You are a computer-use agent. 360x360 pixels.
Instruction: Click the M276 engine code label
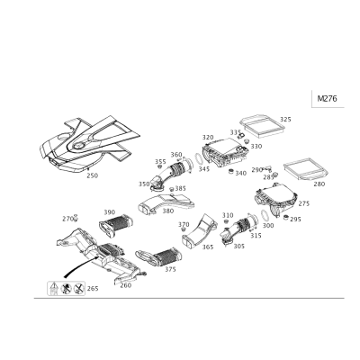point(327,98)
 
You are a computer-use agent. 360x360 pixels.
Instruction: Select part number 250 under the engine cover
point(92,175)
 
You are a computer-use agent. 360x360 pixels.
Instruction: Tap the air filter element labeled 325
point(262,125)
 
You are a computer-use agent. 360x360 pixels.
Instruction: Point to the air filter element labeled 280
point(306,170)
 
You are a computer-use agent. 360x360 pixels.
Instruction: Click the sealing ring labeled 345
point(199,159)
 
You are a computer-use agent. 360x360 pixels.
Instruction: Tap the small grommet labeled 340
point(231,172)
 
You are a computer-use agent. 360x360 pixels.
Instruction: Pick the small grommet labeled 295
point(286,217)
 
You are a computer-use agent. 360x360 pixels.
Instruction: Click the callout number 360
point(176,155)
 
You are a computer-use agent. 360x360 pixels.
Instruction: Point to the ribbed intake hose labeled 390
point(116,226)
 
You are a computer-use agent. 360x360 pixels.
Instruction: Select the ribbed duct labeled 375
point(159,256)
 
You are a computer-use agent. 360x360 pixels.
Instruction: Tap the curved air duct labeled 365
point(200,231)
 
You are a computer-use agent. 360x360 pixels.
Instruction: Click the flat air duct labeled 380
point(166,204)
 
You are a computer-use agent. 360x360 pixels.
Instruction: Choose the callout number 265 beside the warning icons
point(93,289)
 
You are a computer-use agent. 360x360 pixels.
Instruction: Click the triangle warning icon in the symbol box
point(53,287)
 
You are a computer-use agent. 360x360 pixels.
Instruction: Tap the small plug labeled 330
point(247,141)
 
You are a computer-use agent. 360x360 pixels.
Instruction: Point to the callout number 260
point(126,285)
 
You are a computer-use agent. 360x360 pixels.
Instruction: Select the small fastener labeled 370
point(183,229)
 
